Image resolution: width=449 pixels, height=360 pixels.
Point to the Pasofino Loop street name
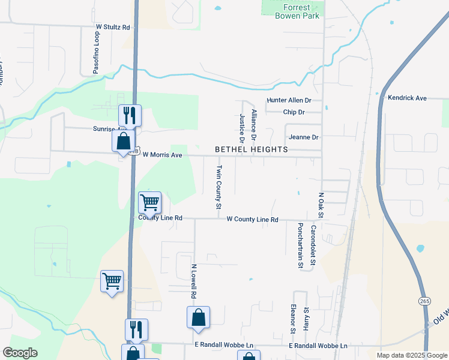click(x=96, y=53)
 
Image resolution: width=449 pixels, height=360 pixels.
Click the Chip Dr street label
click(x=294, y=112)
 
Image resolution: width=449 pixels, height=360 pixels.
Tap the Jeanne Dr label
click(x=303, y=137)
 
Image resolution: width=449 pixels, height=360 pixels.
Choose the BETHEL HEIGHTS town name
click(x=252, y=149)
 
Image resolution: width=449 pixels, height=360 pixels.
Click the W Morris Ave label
click(x=161, y=155)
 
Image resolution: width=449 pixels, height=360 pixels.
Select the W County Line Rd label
click(x=252, y=220)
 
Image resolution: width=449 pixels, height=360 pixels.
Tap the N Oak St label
click(x=321, y=206)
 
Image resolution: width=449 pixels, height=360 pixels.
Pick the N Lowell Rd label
click(x=194, y=281)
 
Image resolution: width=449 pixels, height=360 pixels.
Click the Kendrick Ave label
click(x=407, y=98)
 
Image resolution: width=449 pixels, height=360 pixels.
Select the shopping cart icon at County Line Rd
click(x=149, y=202)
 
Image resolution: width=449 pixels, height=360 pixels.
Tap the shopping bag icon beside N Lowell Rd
click(x=198, y=317)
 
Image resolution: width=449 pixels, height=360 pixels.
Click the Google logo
click(x=20, y=353)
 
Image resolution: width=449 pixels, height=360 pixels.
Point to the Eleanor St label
click(x=293, y=319)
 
